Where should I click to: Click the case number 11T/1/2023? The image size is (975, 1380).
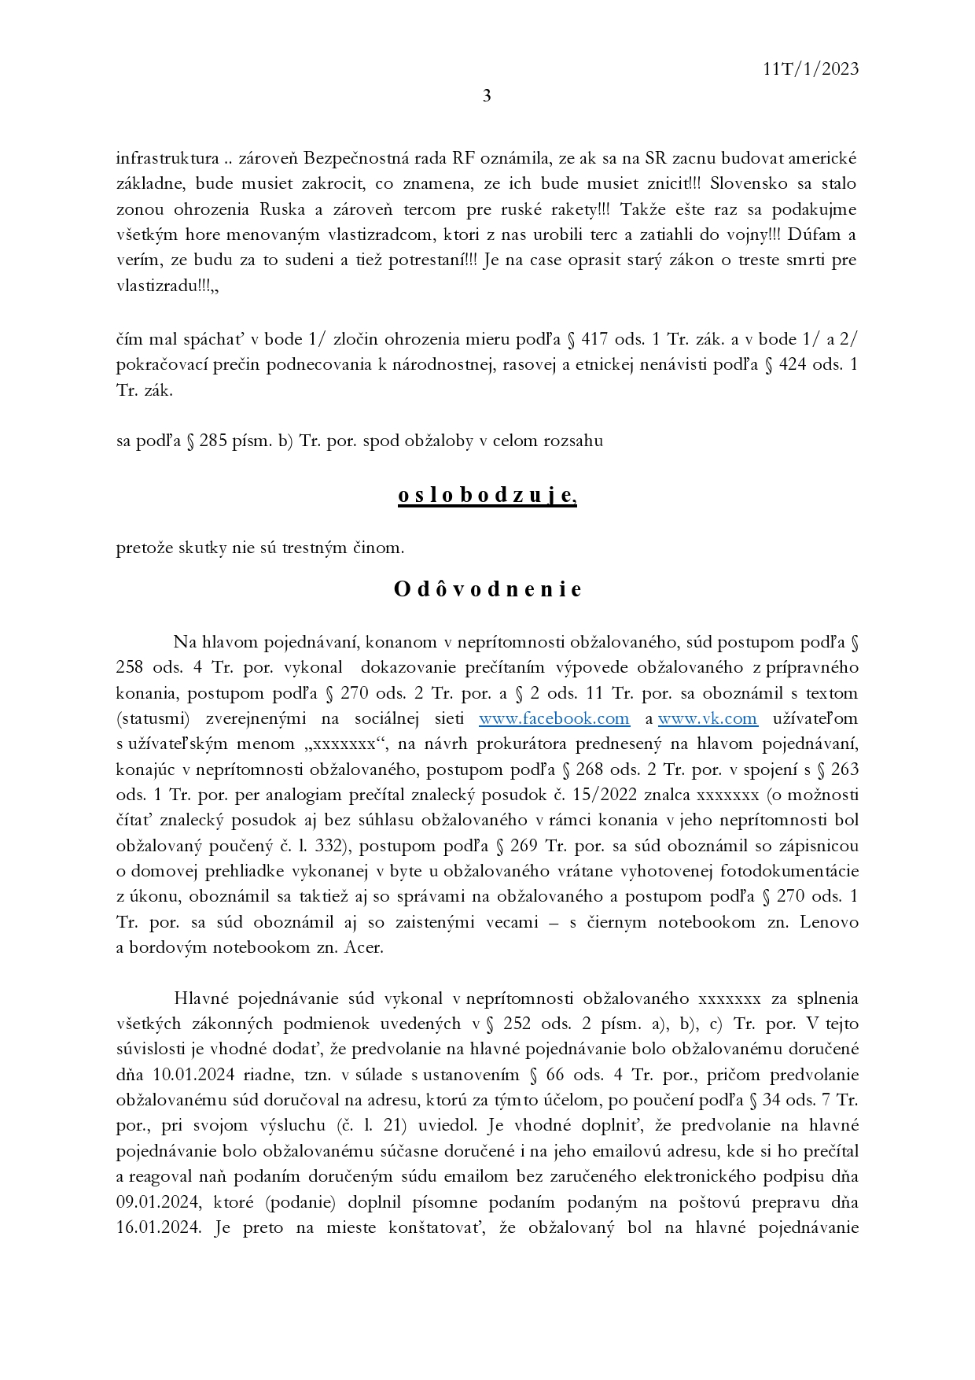(x=811, y=69)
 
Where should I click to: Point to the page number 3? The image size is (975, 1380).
(x=487, y=96)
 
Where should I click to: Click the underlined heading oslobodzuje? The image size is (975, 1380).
(x=487, y=496)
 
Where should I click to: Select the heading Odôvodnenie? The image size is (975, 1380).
(x=487, y=589)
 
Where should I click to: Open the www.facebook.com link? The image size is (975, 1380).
(x=554, y=718)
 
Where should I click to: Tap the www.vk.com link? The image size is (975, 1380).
(x=708, y=718)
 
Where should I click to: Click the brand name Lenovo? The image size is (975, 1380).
(x=829, y=922)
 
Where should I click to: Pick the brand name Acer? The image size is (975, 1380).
(x=363, y=947)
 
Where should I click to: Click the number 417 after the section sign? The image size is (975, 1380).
(x=594, y=340)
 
